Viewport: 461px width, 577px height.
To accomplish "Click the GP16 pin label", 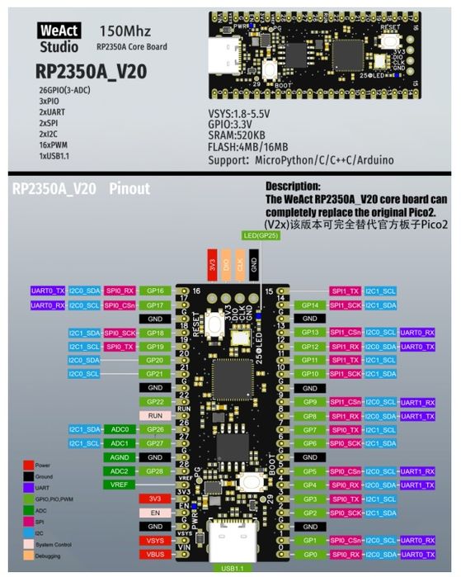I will (155, 291).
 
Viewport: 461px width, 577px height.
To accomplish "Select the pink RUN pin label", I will (155, 415).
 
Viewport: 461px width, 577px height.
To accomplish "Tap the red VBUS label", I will (155, 554).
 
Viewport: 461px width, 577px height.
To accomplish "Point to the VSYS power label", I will (155, 540).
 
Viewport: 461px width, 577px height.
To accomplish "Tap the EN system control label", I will (155, 512).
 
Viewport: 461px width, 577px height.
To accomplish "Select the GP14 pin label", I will (310, 305).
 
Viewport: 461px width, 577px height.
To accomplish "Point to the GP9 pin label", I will (310, 401).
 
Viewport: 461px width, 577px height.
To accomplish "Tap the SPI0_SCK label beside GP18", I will (120, 332).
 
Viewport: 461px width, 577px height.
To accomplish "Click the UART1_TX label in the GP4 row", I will (418, 485).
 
